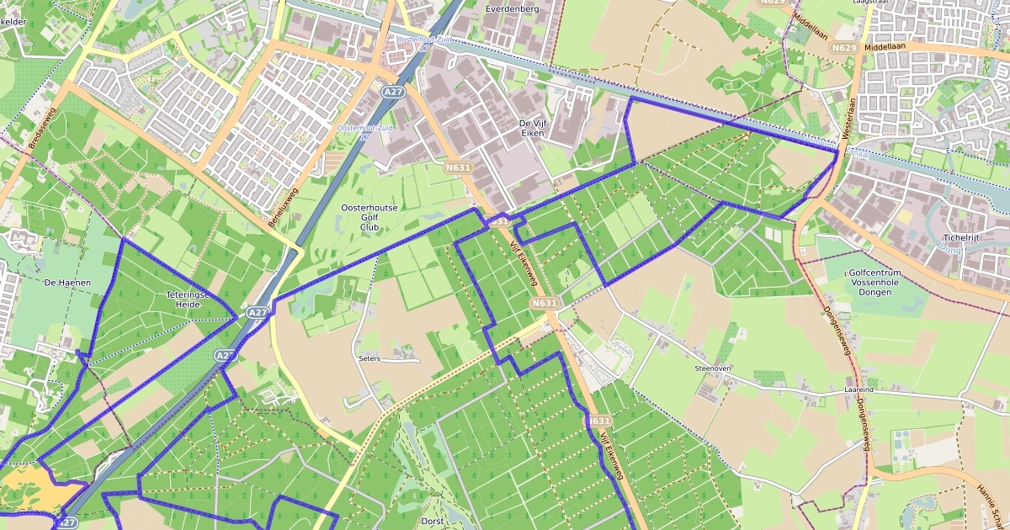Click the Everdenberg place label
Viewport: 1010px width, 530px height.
pos(513,8)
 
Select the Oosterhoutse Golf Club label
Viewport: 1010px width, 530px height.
pos(369,217)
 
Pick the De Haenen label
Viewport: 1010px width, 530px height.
pos(67,283)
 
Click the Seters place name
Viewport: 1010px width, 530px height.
pos(369,358)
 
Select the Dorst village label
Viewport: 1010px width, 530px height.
pos(432,522)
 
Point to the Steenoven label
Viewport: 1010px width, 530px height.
pos(711,368)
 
